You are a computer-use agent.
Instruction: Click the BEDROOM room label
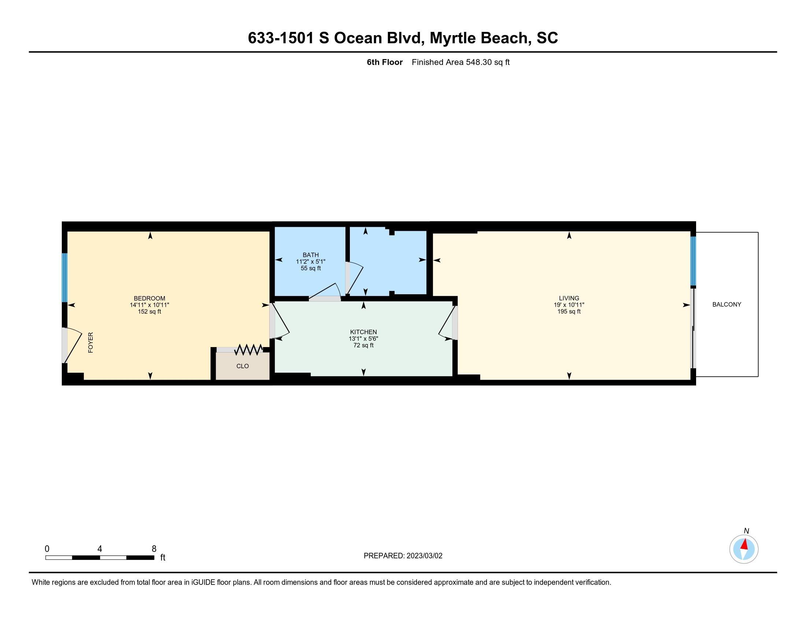coord(149,298)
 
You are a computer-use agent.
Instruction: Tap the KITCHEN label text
coord(363,332)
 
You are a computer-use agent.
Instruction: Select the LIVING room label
coord(569,298)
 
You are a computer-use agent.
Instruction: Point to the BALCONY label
coord(726,305)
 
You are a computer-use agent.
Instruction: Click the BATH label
coord(311,255)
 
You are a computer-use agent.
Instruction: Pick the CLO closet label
coord(243,366)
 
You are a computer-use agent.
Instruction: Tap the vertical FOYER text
coord(91,343)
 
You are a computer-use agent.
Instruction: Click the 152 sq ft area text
coord(149,311)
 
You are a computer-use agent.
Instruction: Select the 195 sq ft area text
coord(569,311)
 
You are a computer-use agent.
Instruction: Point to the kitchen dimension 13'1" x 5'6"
coord(363,339)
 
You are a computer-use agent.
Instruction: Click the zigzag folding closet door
coord(249,350)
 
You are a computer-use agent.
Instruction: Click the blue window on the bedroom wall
coord(64,277)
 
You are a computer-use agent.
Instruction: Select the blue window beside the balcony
coord(693,261)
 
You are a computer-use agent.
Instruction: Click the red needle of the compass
coord(745,544)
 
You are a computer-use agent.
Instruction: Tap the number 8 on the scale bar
coord(154,549)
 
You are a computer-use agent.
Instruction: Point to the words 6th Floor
coord(385,62)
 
